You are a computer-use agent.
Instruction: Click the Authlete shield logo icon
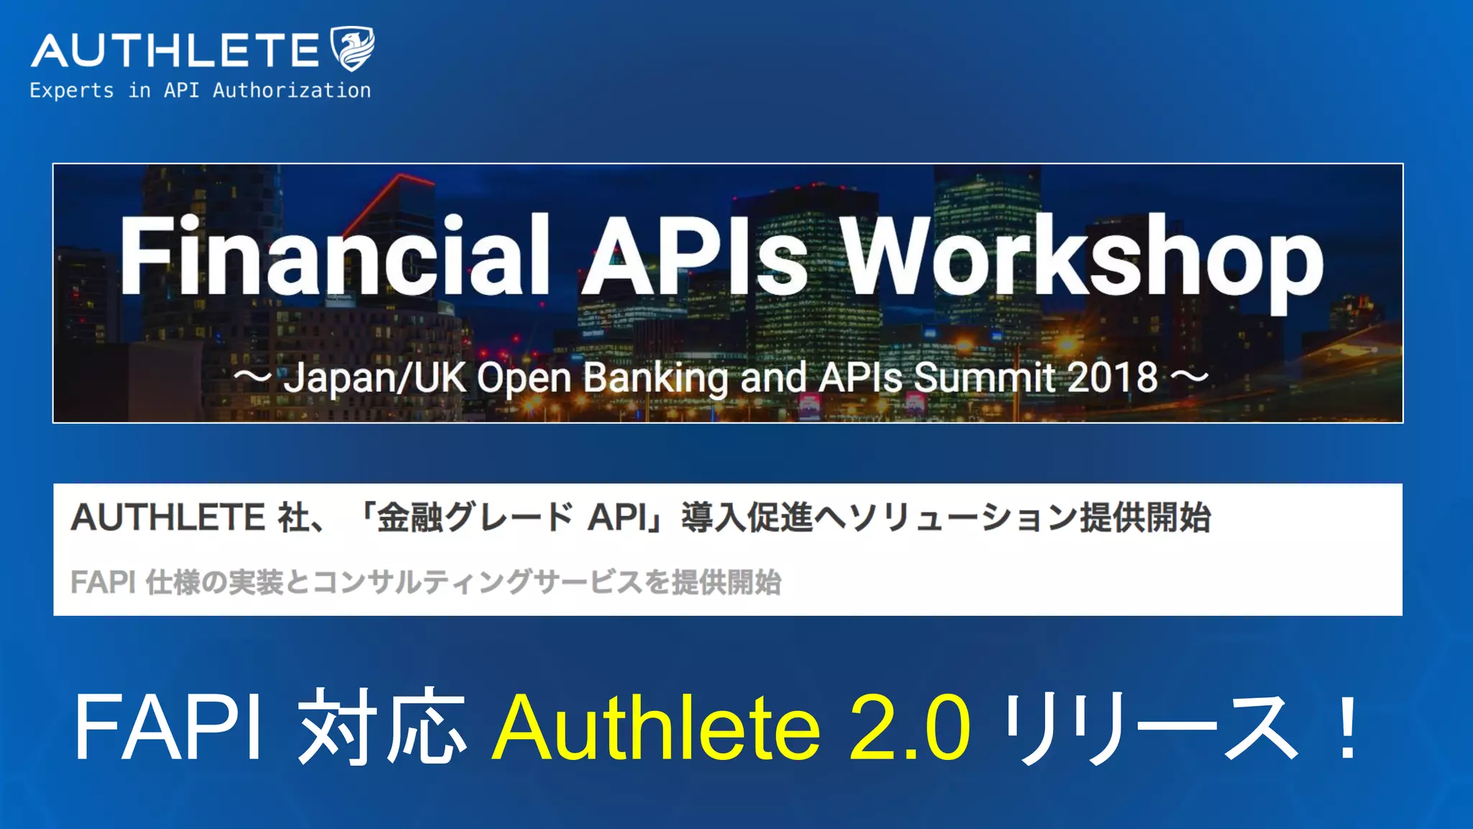click(352, 49)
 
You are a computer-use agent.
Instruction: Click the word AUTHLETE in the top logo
click(175, 50)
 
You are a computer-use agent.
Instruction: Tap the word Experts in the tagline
click(71, 91)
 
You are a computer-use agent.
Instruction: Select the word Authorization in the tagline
click(291, 91)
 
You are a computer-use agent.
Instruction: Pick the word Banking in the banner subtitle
click(655, 378)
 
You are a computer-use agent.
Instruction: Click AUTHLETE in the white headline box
click(168, 517)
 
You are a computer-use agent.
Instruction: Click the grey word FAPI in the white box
click(103, 582)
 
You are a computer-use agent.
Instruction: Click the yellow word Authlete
click(656, 727)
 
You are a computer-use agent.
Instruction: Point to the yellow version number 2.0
click(909, 727)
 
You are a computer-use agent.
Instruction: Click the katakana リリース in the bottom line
click(1151, 727)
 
